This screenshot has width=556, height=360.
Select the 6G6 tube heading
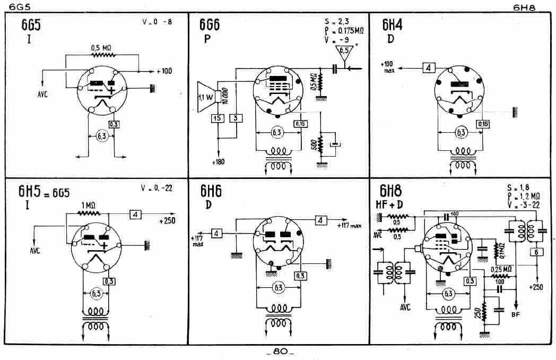click(210, 25)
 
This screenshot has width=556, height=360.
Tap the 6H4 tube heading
click(393, 25)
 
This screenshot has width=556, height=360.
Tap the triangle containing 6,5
click(344, 52)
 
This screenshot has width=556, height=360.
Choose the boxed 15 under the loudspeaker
click(218, 118)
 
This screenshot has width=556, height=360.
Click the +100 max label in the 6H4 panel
click(388, 67)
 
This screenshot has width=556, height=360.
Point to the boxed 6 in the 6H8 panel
click(536, 252)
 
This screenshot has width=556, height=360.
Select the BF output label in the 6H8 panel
click(516, 314)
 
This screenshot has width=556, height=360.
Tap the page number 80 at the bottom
click(281, 352)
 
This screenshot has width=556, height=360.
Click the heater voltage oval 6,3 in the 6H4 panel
click(460, 132)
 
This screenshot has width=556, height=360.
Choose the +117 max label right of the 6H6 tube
click(349, 226)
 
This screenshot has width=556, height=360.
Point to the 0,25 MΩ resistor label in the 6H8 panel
click(501, 269)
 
